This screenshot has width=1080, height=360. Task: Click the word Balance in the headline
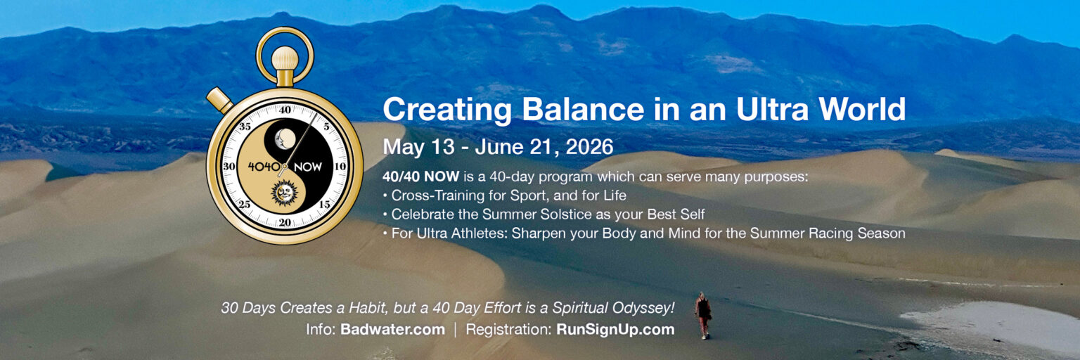[x=583, y=110]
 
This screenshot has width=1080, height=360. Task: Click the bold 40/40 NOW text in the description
[x=420, y=176]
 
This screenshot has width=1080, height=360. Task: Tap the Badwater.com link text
[x=392, y=330]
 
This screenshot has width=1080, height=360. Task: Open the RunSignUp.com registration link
[x=615, y=330]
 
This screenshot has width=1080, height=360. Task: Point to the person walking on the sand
[x=703, y=316]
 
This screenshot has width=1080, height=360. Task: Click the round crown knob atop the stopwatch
[x=285, y=58]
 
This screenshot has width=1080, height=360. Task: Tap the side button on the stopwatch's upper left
[x=220, y=100]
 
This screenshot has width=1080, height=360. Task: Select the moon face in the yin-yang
[x=285, y=139]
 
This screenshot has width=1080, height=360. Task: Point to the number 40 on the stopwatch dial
[x=285, y=110]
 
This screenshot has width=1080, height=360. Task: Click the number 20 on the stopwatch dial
[x=285, y=222]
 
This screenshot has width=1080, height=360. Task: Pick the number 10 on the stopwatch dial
[x=340, y=166]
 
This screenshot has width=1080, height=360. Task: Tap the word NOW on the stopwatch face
[x=307, y=167]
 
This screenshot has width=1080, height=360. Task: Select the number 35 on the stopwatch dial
[x=245, y=127]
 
